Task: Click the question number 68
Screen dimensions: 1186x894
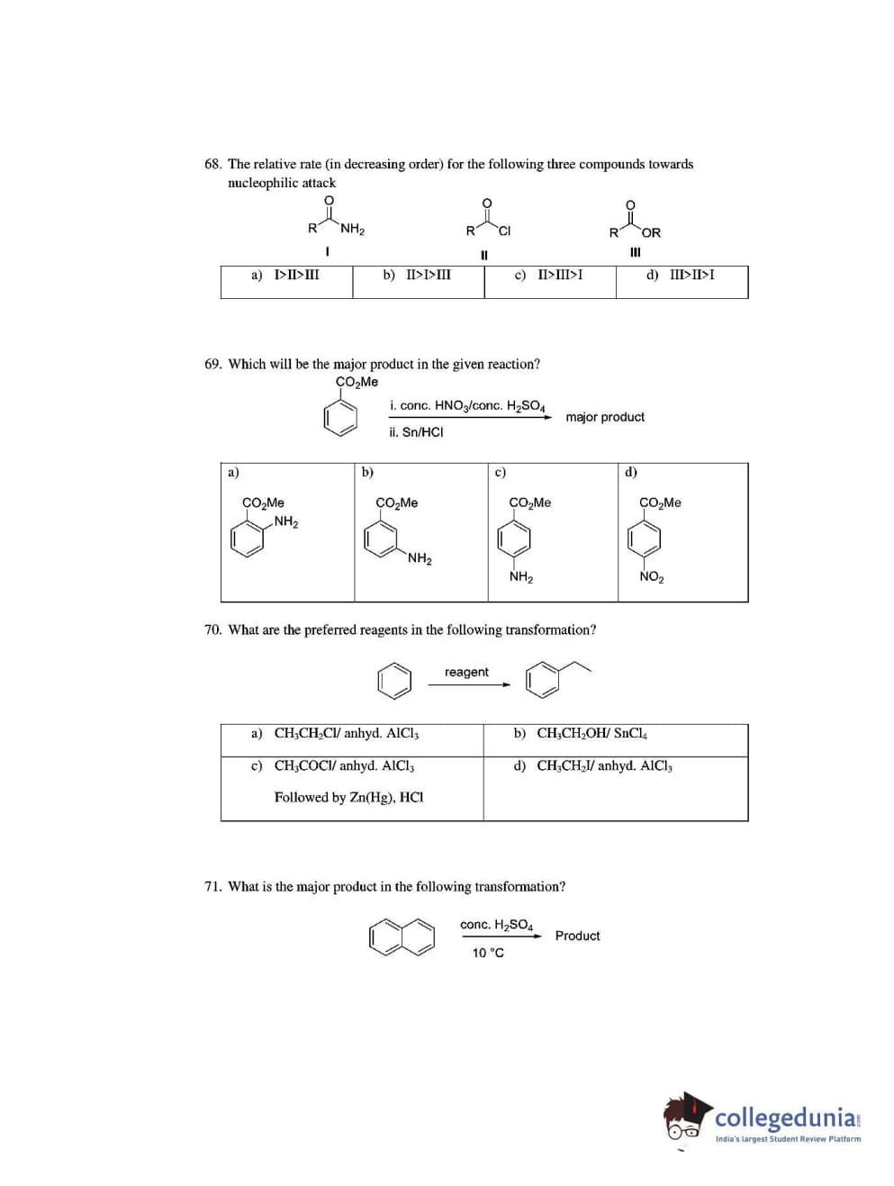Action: click(x=212, y=164)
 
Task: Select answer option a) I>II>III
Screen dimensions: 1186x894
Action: click(x=285, y=275)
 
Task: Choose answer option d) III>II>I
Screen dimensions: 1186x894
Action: click(x=681, y=275)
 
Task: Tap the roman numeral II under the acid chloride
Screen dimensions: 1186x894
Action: click(x=484, y=255)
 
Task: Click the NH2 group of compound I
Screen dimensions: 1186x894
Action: click(x=352, y=230)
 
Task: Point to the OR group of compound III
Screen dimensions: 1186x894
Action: click(x=651, y=232)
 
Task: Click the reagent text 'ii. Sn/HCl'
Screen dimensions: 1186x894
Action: click(x=416, y=432)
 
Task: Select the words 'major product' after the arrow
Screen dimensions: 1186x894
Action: click(x=605, y=417)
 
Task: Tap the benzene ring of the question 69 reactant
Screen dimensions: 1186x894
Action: click(x=340, y=418)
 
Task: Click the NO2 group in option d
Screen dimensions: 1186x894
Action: click(x=651, y=576)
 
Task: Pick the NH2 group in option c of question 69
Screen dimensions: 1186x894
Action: click(x=520, y=576)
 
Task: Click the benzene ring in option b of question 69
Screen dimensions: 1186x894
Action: click(x=381, y=539)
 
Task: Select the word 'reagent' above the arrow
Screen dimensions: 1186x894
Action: click(x=466, y=672)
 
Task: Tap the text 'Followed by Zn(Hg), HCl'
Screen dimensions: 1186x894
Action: click(x=348, y=797)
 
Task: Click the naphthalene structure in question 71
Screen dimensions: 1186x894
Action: click(x=402, y=937)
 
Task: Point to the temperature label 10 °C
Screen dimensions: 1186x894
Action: click(x=488, y=953)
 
